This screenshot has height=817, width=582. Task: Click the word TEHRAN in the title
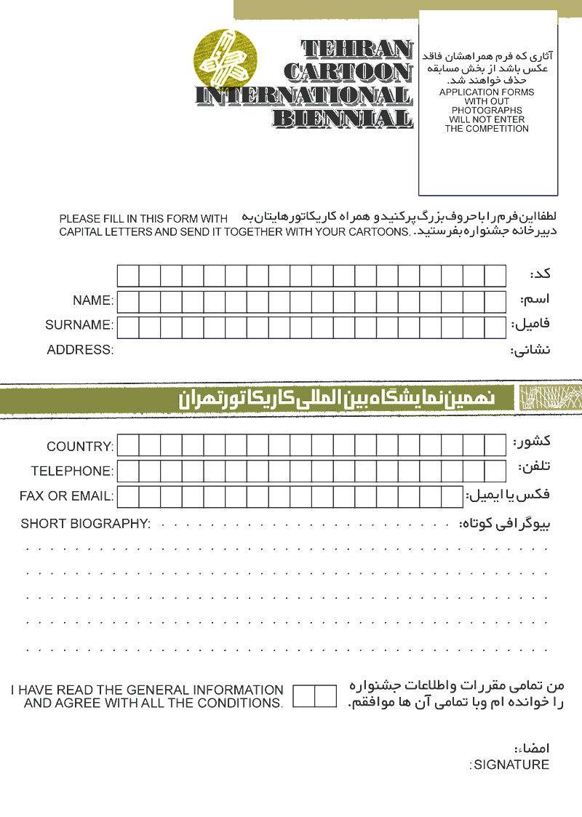[356, 49]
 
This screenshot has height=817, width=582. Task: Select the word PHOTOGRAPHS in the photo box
[487, 111]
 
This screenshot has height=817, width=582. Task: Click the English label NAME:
[92, 300]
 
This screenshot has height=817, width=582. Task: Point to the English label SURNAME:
[79, 324]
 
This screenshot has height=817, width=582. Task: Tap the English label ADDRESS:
[80, 350]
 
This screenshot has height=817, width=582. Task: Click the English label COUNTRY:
[80, 446]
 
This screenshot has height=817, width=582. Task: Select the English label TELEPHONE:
[72, 471]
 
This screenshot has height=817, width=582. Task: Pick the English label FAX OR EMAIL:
[66, 497]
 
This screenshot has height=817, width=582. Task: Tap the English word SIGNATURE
[511, 765]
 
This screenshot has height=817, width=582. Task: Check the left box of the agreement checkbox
[304, 696]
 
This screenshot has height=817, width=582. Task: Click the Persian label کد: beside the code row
[540, 275]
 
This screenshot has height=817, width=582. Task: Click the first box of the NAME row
[128, 301]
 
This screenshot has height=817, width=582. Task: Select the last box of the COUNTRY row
[495, 445]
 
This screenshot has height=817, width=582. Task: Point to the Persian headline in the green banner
[337, 399]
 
